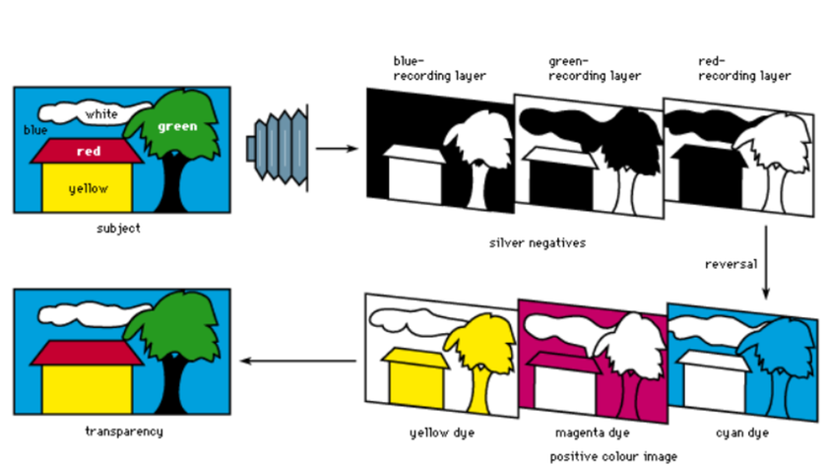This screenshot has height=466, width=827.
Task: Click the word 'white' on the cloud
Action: (x=100, y=114)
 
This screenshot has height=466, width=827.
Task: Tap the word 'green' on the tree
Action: (x=177, y=126)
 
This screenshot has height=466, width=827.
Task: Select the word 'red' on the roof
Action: (x=90, y=152)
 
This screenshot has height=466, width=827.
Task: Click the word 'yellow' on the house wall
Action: (x=89, y=188)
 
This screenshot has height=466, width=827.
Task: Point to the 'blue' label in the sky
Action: (x=34, y=130)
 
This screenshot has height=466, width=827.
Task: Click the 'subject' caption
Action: (x=119, y=229)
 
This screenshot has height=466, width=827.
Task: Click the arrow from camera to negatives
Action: (x=337, y=149)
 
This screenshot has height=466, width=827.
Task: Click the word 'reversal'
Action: (x=730, y=265)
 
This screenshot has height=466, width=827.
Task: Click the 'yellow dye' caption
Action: (x=435, y=433)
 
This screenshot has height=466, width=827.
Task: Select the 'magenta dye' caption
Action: (x=591, y=433)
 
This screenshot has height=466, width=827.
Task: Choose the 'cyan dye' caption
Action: (x=744, y=433)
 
